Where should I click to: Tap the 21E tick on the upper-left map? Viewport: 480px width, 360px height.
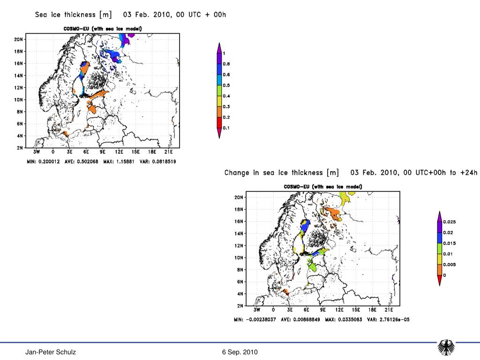tap(168, 152)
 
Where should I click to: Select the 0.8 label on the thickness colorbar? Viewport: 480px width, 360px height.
tap(226, 64)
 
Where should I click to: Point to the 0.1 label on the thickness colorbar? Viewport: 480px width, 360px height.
tap(226, 128)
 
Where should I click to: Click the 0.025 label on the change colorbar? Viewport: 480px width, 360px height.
tap(450, 222)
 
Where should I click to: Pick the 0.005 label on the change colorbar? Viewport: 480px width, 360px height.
tap(450, 264)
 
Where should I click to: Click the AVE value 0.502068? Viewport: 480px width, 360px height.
tap(89, 162)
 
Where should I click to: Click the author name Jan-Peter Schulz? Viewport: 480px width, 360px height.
tap(51, 352)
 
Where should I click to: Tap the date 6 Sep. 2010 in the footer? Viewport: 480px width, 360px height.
tap(240, 352)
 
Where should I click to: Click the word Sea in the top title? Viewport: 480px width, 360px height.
tap(43, 15)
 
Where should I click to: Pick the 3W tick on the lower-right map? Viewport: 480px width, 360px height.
tap(257, 310)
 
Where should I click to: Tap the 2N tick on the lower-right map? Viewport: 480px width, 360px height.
tap(239, 306)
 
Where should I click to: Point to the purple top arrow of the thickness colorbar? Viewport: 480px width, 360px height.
tap(219, 47)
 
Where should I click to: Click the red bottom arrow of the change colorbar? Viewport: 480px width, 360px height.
tap(439, 281)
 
